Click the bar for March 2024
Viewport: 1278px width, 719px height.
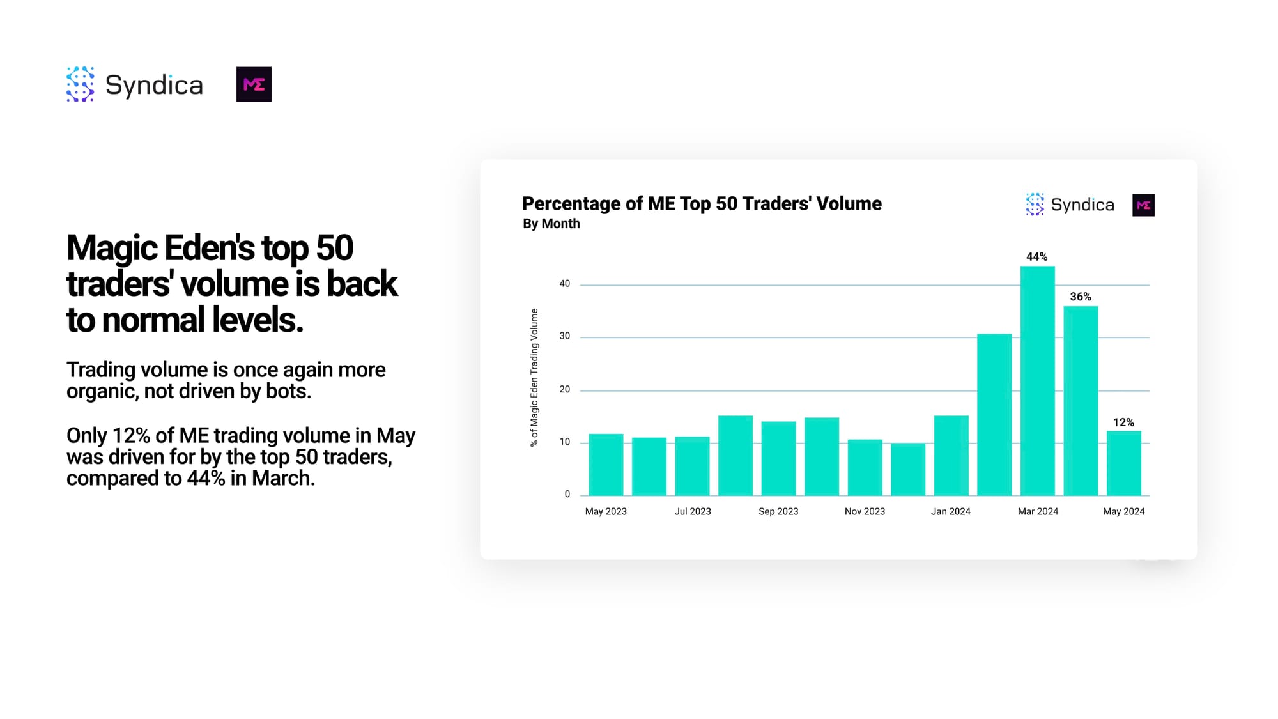pyautogui.click(x=1038, y=381)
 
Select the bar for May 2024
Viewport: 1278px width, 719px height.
pyautogui.click(x=1124, y=463)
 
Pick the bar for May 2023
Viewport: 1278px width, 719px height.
pyautogui.click(x=606, y=465)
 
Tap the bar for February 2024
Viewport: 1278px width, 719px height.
pyautogui.click(x=994, y=415)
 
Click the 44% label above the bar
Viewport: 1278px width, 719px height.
pyautogui.click(x=1036, y=257)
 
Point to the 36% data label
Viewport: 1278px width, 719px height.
pyautogui.click(x=1081, y=297)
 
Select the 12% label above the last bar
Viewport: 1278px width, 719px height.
pyautogui.click(x=1123, y=422)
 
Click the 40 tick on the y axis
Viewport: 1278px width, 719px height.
pyautogui.click(x=565, y=284)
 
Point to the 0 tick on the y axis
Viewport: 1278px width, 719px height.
pyautogui.click(x=567, y=494)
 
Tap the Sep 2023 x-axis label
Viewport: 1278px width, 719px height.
pyautogui.click(x=778, y=511)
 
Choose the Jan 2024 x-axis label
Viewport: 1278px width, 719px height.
pyautogui.click(x=951, y=511)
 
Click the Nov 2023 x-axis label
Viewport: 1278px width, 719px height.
pyautogui.click(x=865, y=511)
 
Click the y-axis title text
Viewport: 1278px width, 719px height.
pyautogui.click(x=534, y=378)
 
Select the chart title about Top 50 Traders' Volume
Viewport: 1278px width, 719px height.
pyautogui.click(x=702, y=203)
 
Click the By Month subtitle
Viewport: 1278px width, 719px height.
pyautogui.click(x=551, y=224)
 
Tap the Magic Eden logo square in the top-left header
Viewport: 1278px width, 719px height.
pyautogui.click(x=254, y=84)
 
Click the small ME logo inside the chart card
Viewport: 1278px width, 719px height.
pyautogui.click(x=1143, y=205)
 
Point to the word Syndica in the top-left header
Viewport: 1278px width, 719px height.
pyautogui.click(x=154, y=85)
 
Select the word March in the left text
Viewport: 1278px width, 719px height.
pyautogui.click(x=283, y=478)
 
